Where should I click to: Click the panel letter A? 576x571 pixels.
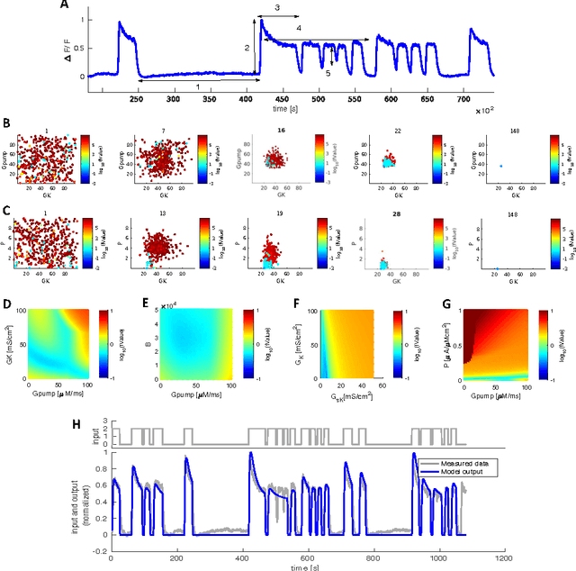pyautogui.click(x=87, y=5)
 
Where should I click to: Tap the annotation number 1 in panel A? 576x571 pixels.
pyautogui.click(x=198, y=86)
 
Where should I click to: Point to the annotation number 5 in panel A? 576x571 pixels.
pyautogui.click(x=328, y=74)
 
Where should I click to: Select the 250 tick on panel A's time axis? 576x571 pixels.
pyautogui.click(x=137, y=101)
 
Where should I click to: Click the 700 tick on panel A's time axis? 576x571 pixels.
pyautogui.click(x=464, y=101)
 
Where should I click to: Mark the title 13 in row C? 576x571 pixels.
pyautogui.click(x=166, y=211)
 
